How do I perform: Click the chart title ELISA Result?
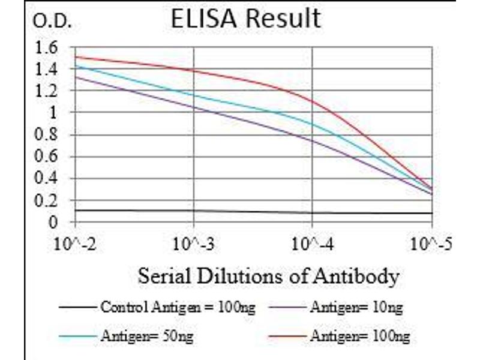tap(245, 19)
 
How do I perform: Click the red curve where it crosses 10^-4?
tap(313, 100)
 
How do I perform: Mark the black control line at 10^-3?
tap(193, 211)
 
